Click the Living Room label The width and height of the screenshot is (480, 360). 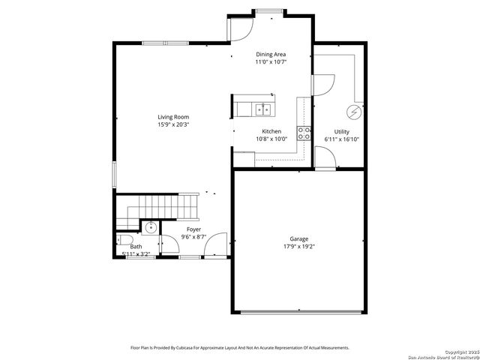tap(172, 116)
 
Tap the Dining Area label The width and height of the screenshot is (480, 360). tap(271, 54)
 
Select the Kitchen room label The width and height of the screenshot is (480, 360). tap(271, 131)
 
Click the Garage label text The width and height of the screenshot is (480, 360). tap(298, 238)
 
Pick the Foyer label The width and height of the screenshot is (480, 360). tap(193, 229)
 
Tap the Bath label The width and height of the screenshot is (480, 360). tap(136, 246)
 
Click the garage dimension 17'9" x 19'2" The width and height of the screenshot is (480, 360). tap(298, 246)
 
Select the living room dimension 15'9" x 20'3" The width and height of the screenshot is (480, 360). tap(172, 124)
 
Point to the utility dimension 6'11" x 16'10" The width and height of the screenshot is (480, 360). tap(342, 139)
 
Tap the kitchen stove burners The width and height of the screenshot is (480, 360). tap(304, 133)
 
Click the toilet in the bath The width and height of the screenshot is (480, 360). tap(124, 240)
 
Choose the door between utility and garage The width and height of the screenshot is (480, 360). tap(324, 157)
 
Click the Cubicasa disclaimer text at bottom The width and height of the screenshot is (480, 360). tap(239, 348)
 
